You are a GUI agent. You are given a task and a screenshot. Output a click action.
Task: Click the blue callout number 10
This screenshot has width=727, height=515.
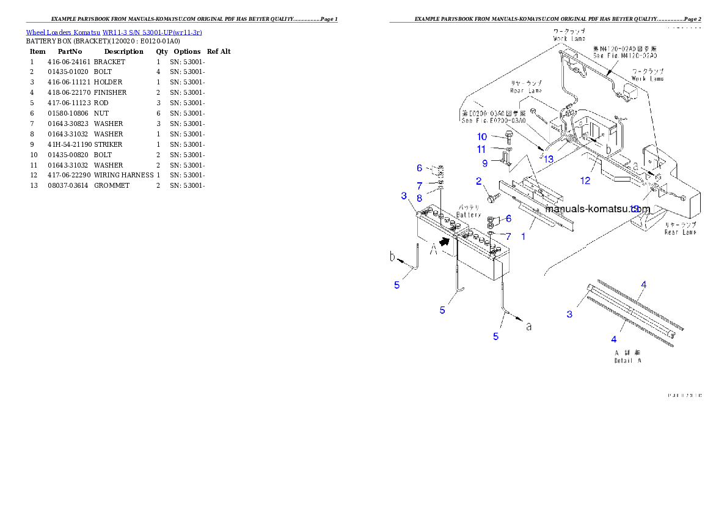(x=482, y=136)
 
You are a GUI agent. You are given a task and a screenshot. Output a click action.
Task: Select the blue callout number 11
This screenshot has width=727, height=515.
(x=482, y=149)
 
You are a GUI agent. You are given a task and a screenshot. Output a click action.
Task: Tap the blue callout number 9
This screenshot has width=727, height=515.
(x=484, y=163)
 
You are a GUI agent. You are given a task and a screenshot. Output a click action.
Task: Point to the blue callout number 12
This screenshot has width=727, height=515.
(x=585, y=180)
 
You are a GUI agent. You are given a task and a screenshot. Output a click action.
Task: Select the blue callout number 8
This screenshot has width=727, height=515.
(x=420, y=198)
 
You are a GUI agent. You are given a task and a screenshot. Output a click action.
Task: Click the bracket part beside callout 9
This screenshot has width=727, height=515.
(x=505, y=160)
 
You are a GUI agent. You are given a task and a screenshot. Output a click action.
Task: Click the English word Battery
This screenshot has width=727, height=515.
(x=469, y=215)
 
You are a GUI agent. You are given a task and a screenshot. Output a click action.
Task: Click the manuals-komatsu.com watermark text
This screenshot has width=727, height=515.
(x=597, y=209)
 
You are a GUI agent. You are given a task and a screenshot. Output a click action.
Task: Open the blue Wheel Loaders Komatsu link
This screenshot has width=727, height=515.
(x=114, y=32)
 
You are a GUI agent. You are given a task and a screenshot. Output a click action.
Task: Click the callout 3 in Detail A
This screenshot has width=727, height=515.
(x=569, y=314)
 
